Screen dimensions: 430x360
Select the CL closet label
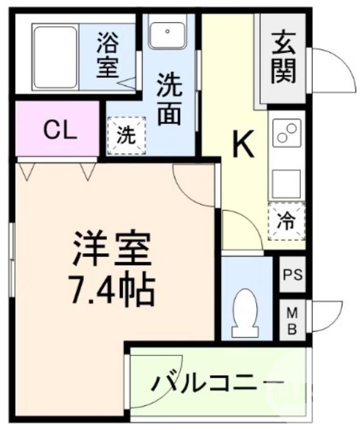coord(59,130)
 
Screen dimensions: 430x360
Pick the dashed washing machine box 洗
coord(126,135)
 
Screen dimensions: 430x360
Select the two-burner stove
coord(287,133)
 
